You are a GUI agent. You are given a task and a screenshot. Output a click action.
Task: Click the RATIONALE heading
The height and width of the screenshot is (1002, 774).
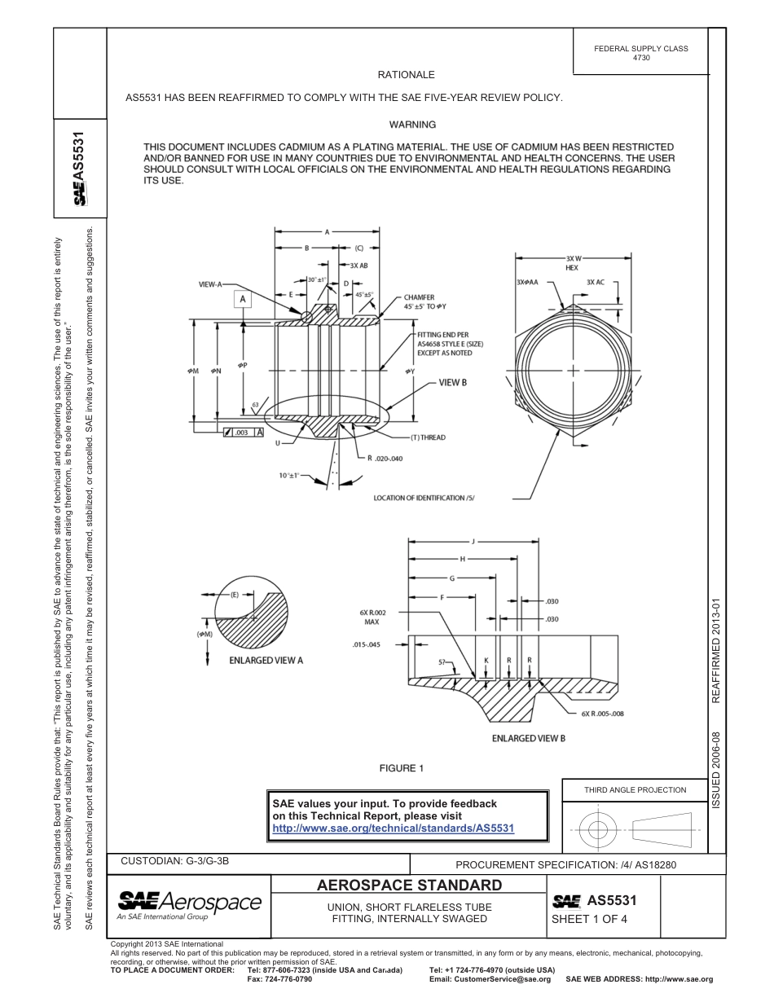(406, 75)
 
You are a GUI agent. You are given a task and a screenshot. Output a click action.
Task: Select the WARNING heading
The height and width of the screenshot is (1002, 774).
(412, 125)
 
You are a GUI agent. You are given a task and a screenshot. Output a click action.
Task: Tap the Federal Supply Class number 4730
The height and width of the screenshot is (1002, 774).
(640, 59)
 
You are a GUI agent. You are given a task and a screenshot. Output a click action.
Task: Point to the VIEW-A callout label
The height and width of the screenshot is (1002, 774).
(211, 284)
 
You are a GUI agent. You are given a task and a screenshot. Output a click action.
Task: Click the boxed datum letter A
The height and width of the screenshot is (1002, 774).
(242, 300)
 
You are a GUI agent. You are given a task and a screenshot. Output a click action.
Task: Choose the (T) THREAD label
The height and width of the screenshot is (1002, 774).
(428, 437)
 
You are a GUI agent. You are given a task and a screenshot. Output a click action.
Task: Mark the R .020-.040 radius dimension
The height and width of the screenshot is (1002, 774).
(385, 458)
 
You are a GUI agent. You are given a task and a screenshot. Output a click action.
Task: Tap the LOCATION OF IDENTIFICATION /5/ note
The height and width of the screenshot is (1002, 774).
(424, 498)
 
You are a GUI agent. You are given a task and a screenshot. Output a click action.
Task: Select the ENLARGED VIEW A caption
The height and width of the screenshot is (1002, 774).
(266, 660)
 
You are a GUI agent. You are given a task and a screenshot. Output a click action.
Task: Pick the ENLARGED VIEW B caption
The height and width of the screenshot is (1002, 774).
(528, 738)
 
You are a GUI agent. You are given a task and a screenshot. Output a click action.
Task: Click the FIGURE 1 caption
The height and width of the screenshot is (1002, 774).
(402, 768)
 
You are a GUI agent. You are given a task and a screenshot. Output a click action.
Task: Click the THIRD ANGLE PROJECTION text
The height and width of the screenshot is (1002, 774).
(635, 789)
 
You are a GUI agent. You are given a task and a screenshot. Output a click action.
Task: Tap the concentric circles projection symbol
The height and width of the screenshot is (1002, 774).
(598, 830)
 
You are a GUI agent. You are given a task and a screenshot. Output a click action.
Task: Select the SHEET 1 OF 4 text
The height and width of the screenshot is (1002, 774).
(583, 920)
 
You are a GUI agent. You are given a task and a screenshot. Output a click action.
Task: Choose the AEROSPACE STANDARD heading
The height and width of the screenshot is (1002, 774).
(409, 886)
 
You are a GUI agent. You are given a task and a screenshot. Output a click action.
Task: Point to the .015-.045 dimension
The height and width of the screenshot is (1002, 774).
(367, 644)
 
